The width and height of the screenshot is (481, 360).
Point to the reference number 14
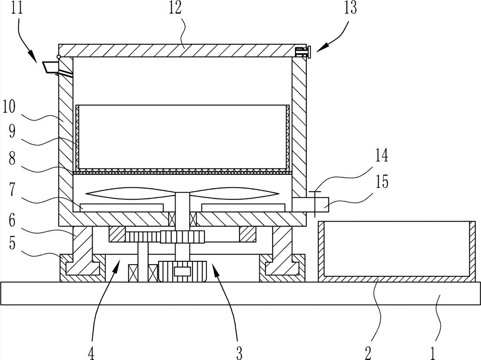coord(381,155)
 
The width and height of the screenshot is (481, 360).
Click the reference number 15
coord(381,181)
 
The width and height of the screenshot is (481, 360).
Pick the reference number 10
coord(9,107)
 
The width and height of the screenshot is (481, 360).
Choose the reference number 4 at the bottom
coord(91,353)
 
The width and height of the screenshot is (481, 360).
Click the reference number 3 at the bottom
coord(239,353)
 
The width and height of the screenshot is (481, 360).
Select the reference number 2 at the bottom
coord(368,353)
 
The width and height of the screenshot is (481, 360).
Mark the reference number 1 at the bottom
coord(432,353)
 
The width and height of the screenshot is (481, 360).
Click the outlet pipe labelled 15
coord(310,205)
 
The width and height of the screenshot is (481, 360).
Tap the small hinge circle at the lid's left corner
coord(59,57)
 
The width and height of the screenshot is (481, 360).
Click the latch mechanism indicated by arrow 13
coord(303,51)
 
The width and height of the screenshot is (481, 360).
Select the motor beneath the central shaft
coord(182,270)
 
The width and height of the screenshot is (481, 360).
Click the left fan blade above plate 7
coord(130,193)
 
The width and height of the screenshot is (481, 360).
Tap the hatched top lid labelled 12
coord(182,51)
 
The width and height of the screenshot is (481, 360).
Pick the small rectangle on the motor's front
coord(182,271)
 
